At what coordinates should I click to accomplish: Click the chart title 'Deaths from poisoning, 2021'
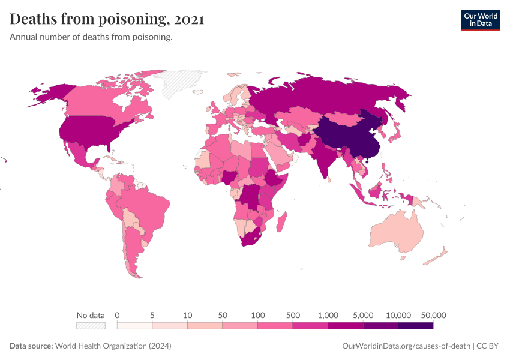click(x=107, y=19)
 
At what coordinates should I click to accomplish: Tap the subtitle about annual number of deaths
click(x=91, y=37)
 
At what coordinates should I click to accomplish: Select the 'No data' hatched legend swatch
click(x=91, y=326)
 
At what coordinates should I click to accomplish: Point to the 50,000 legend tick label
click(x=434, y=315)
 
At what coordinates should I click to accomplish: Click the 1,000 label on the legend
click(x=328, y=315)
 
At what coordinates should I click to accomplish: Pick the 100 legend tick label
click(x=258, y=315)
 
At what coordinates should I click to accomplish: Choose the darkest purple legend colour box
click(x=416, y=326)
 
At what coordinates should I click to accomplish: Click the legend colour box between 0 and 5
click(x=134, y=326)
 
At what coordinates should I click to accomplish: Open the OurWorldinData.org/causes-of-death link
click(x=405, y=346)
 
